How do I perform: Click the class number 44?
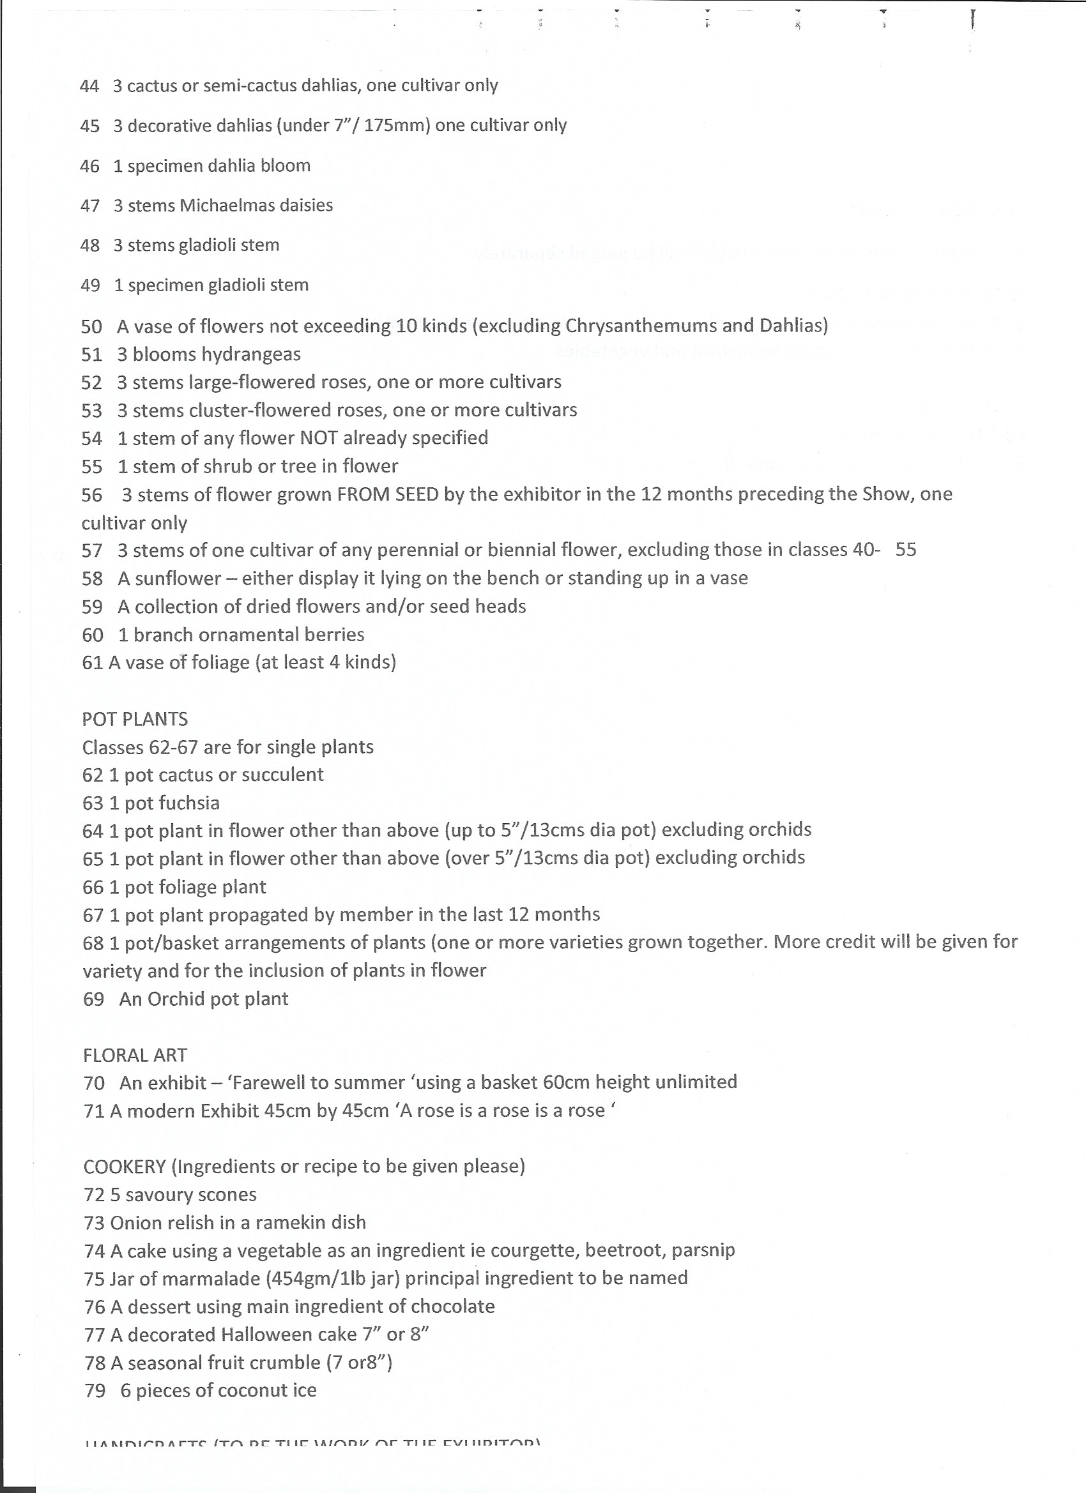point(89,86)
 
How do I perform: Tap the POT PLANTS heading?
point(135,719)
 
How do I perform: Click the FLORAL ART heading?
point(135,1055)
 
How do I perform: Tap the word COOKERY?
point(125,1167)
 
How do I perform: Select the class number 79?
point(95,1390)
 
